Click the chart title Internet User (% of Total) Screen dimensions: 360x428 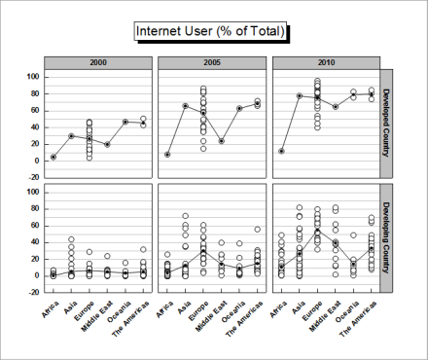point(210,32)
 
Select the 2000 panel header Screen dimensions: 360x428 point(98,62)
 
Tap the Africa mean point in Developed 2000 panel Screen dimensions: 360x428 point(53,157)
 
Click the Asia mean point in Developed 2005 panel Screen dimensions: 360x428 point(185,105)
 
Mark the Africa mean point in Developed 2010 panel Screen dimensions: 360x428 point(281,151)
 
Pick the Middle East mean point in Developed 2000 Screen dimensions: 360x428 point(107,144)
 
